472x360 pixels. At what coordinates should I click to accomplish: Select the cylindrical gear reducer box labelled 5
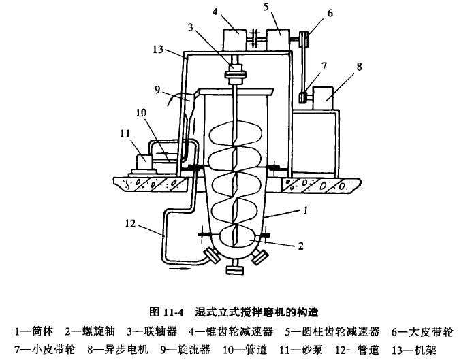tap(278, 41)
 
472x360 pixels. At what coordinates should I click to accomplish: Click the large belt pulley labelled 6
tap(306, 39)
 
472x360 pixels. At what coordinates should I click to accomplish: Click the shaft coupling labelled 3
tap(238, 71)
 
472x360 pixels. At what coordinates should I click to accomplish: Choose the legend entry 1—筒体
tap(35, 331)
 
